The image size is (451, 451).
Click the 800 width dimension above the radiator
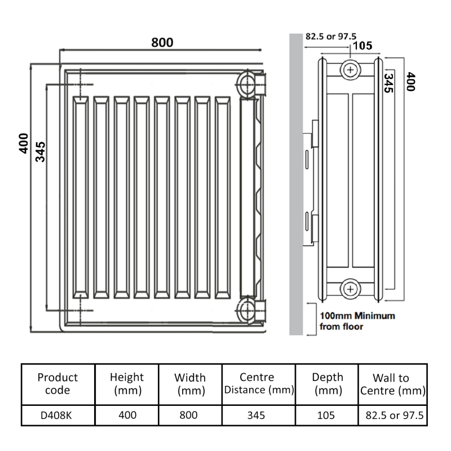[162, 42]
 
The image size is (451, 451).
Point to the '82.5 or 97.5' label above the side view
[331, 37]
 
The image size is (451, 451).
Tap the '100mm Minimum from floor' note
[357, 321]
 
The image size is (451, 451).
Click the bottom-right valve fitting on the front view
[250, 309]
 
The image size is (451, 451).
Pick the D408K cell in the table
[58, 415]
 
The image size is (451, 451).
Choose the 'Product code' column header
[58, 383]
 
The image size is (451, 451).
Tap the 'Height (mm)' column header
[127, 383]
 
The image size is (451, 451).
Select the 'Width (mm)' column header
[190, 383]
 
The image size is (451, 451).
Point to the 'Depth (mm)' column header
[327, 383]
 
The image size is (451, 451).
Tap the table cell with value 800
[190, 415]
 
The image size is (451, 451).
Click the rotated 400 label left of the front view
[23, 144]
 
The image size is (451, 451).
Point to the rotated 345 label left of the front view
[41, 151]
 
